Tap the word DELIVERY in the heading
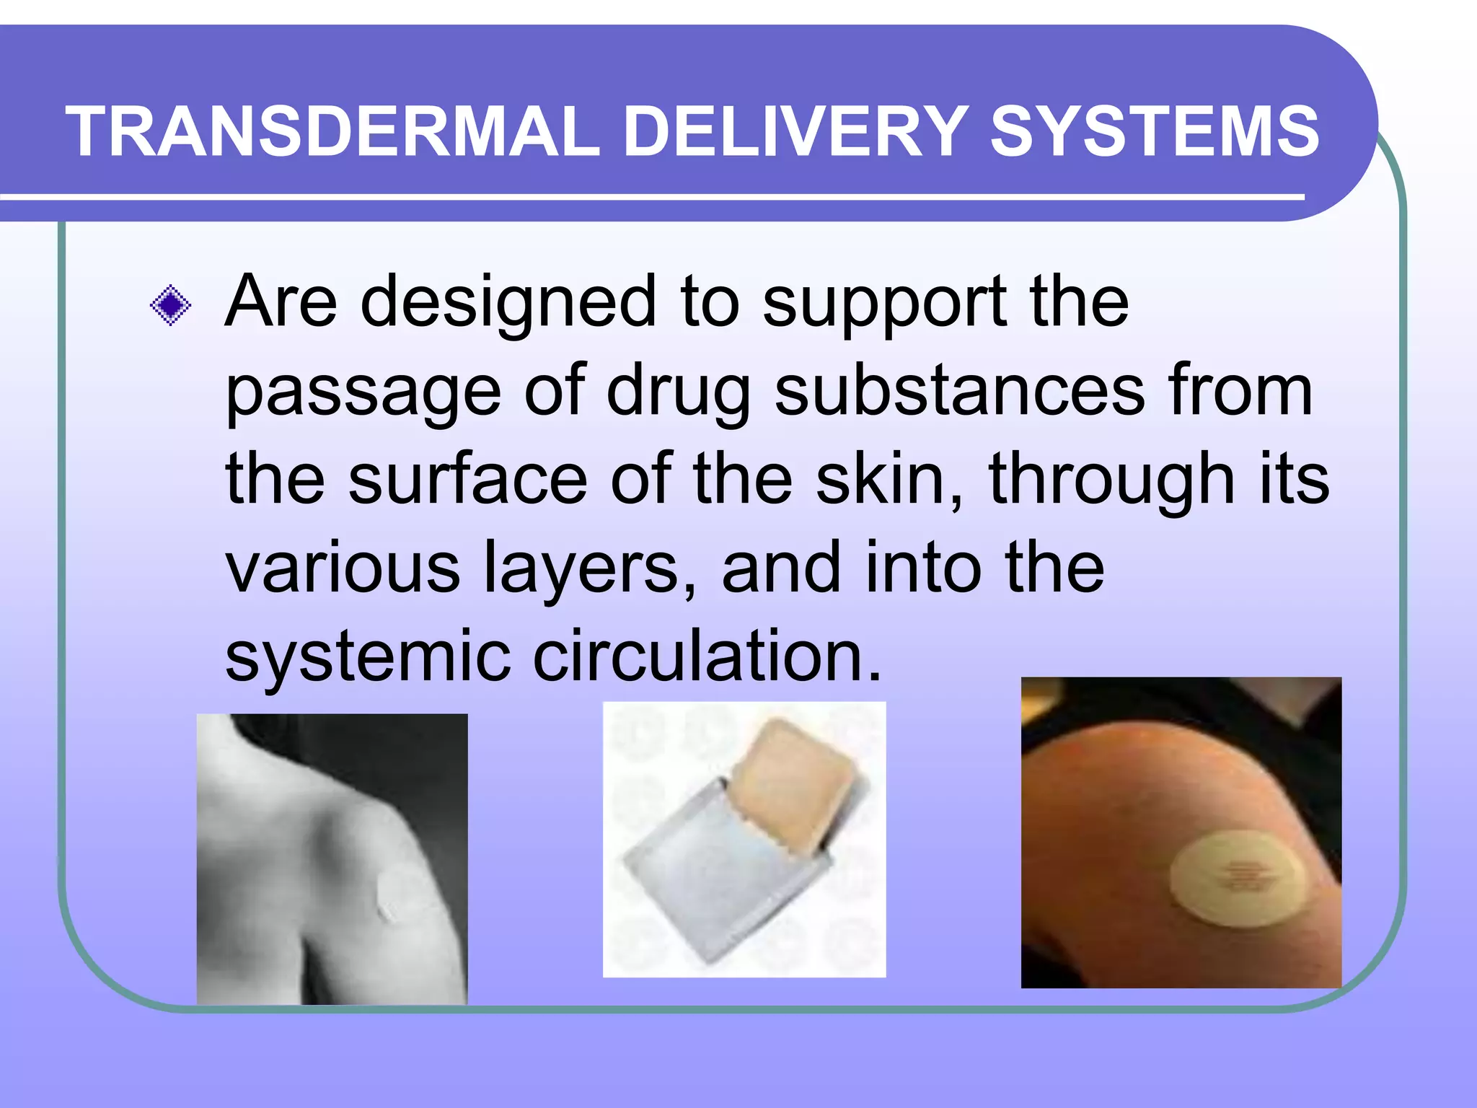[794, 131]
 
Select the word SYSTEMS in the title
[1155, 131]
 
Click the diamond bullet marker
[170, 306]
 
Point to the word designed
[508, 303]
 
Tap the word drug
[679, 393]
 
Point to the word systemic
[368, 656]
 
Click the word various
[343, 568]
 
